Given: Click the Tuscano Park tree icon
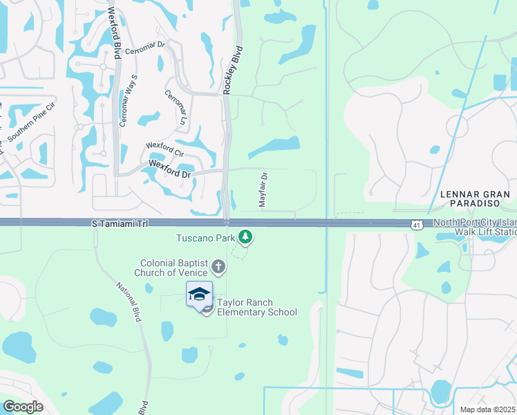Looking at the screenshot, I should point(245,237).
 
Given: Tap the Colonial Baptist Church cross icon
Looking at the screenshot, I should point(218,267).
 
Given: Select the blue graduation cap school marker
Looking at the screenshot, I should point(199,293).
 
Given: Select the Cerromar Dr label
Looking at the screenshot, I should point(152,53).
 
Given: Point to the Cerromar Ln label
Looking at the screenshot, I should point(176,107).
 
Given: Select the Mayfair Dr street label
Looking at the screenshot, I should point(263,187).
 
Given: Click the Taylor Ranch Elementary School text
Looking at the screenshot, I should point(257,307).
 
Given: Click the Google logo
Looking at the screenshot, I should point(23,407).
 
